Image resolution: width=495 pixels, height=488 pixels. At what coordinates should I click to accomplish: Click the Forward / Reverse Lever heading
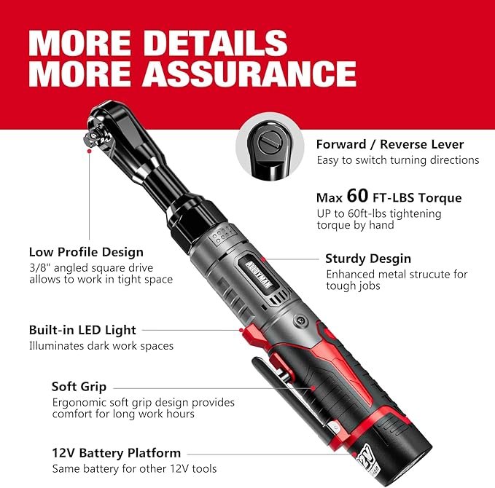[x=389, y=144]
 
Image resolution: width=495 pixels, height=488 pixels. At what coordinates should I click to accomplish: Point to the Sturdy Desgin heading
[x=367, y=259]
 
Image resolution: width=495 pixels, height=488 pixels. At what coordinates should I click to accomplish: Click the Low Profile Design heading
[x=86, y=252]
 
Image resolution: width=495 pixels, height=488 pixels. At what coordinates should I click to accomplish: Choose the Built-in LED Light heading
[x=82, y=330]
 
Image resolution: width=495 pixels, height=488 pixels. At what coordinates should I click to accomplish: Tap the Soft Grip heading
[x=79, y=387]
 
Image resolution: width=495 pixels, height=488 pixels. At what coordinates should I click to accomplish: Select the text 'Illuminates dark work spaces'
[x=101, y=346]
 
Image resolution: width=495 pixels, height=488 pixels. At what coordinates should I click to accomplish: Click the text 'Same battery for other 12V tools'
[x=133, y=468]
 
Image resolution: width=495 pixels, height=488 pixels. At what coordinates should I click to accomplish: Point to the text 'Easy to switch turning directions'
[x=397, y=160]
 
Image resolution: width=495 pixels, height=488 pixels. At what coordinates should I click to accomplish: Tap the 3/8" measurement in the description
[x=39, y=267]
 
